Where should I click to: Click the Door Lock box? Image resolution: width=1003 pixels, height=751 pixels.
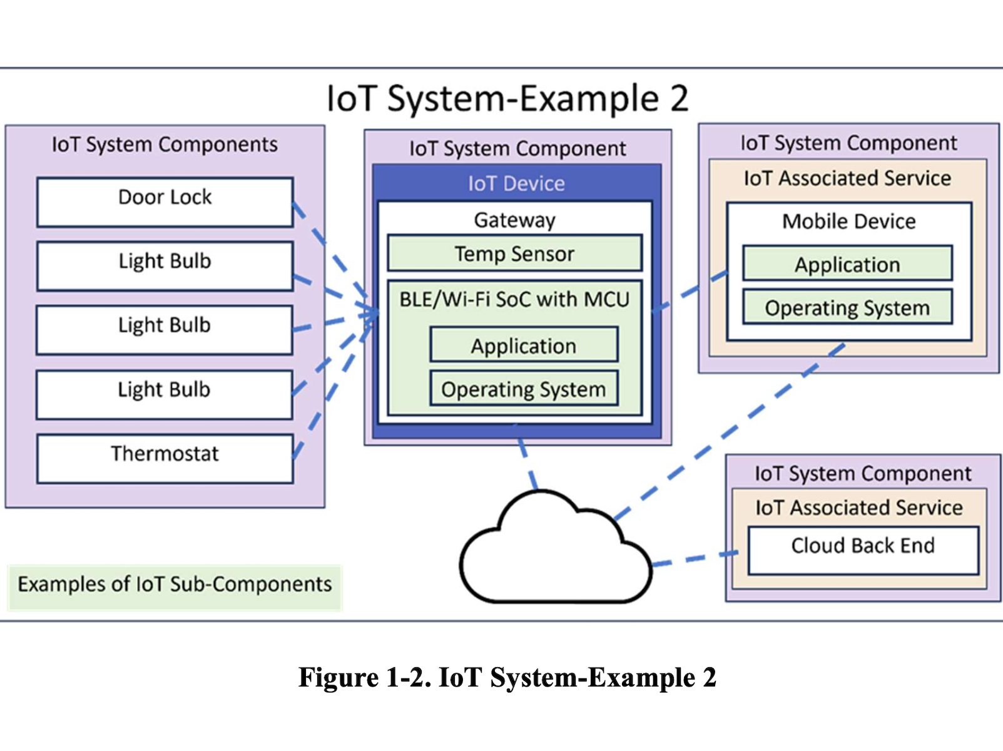(165, 202)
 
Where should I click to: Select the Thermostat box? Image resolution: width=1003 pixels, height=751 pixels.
(165, 458)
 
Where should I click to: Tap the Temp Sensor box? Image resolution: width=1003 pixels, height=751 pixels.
(514, 253)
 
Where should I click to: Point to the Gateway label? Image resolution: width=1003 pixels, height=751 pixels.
(514, 220)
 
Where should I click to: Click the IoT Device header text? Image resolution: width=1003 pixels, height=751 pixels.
(516, 183)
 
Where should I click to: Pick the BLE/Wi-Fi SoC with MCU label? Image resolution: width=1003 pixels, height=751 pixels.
(514, 299)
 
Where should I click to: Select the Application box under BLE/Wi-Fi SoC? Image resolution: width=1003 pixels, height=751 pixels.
(524, 345)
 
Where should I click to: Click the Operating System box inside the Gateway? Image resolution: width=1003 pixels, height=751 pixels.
(524, 389)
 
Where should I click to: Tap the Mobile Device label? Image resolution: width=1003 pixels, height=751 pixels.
(848, 221)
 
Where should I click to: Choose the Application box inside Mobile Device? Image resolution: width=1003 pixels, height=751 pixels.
(847, 263)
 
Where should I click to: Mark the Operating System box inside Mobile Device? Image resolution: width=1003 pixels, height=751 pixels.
(847, 307)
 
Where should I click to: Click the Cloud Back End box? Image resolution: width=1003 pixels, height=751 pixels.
(863, 549)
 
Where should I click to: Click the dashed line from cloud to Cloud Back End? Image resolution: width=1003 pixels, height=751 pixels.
(695, 558)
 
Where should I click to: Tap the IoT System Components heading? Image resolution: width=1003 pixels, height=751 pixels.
(165, 145)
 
